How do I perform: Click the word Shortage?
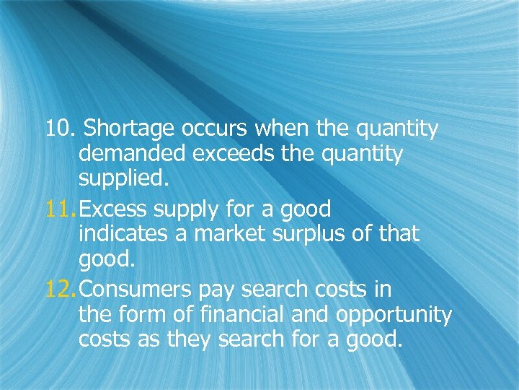(129, 130)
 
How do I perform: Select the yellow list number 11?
(60, 210)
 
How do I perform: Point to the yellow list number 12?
(60, 290)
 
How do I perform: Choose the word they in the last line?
(210, 340)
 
